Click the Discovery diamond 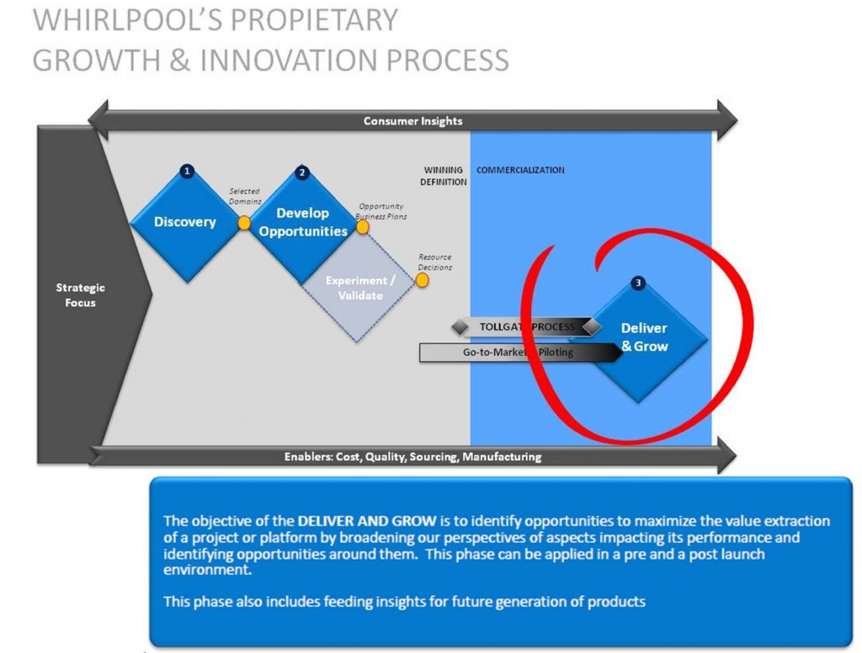click(x=185, y=222)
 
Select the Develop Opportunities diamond click(x=303, y=222)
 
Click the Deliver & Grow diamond click(x=645, y=337)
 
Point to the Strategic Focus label click(x=81, y=295)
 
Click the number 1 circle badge click(x=187, y=171)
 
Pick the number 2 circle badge click(x=302, y=173)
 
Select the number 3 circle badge click(x=638, y=284)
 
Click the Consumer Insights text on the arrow click(x=412, y=121)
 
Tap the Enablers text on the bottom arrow click(x=412, y=457)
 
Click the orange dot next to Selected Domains click(x=244, y=223)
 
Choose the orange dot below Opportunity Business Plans click(x=363, y=227)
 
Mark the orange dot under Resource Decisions click(x=422, y=280)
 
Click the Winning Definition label click(x=444, y=176)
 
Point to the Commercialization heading click(x=520, y=170)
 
